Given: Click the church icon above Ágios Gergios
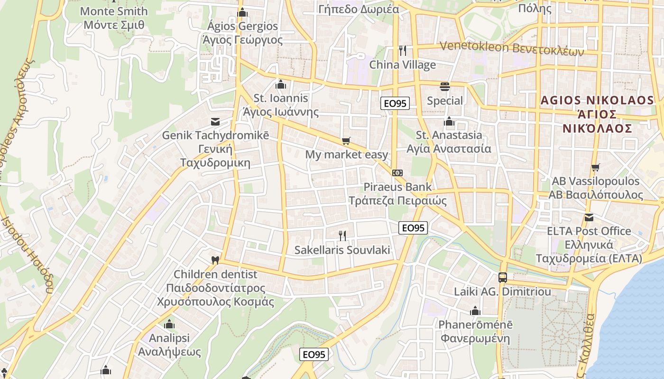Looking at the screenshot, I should point(242,12).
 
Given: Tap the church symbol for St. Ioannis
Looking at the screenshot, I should point(281,85).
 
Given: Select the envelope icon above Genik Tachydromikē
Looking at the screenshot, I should point(215,122).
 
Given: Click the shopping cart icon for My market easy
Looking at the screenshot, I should point(346,141).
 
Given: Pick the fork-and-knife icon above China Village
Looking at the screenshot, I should point(403,51).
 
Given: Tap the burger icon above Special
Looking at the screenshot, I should point(444,87).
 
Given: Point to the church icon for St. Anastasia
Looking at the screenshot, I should point(449,122).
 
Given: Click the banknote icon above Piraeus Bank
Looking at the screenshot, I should point(397,173).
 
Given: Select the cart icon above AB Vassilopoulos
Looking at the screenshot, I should point(595,167).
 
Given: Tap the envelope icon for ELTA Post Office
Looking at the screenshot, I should point(589,217).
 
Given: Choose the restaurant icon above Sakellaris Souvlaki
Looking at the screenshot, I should point(342,235).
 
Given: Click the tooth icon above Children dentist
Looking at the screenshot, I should point(215,260).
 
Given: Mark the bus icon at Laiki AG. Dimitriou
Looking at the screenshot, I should point(502,278).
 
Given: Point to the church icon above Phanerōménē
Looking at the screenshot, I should point(475,311).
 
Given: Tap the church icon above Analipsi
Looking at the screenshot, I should point(169,325).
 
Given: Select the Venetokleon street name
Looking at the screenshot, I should point(512,48).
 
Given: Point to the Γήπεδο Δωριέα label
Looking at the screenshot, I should point(356,9).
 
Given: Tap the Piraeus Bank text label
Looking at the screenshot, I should point(398,187).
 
